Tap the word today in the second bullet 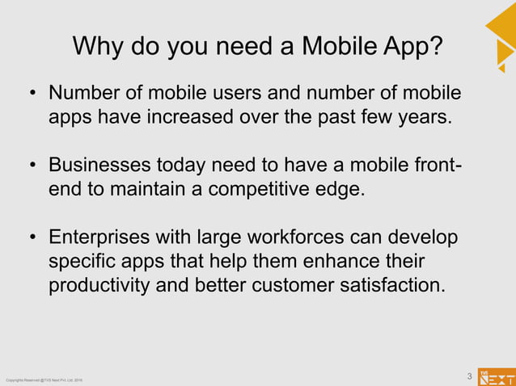tap(187, 166)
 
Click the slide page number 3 tap(469, 376)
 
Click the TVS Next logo tap(496, 376)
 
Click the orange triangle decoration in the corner tap(502, 32)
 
